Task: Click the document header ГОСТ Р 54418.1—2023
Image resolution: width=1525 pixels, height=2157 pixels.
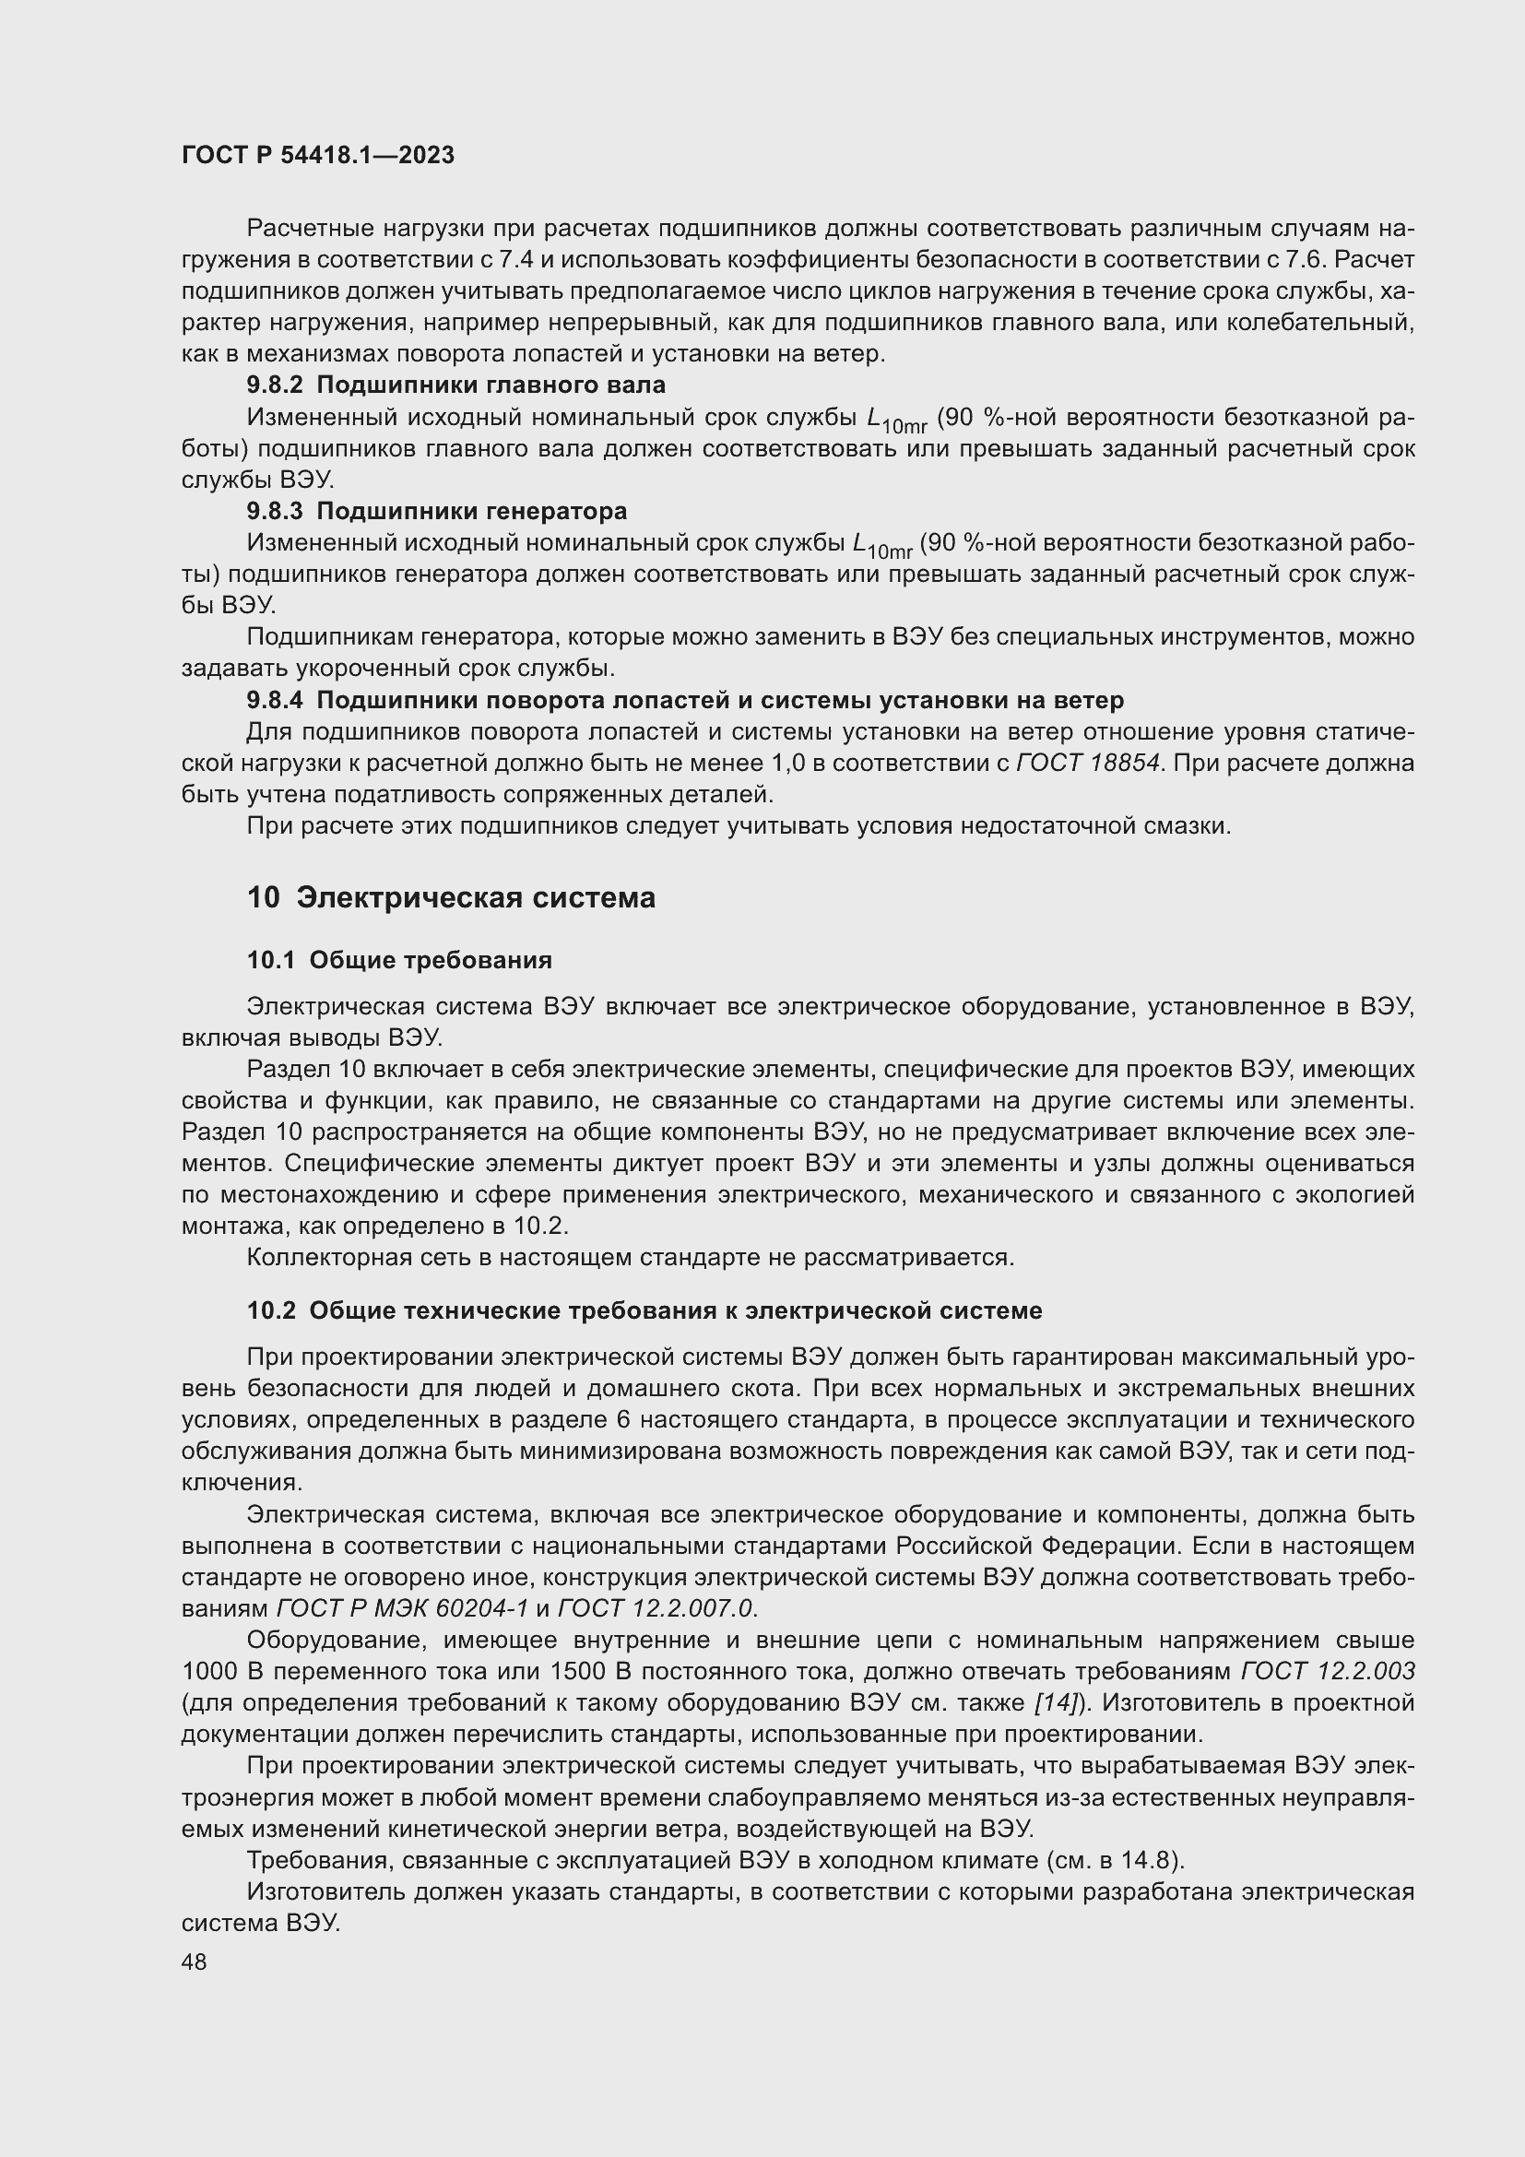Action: (317, 156)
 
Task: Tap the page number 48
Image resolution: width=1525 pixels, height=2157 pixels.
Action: (195, 1961)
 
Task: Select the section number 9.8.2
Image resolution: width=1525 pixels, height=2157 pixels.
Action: (275, 385)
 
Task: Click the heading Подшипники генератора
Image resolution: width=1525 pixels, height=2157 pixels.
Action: (471, 511)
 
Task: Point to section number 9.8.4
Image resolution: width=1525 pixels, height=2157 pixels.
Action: (275, 700)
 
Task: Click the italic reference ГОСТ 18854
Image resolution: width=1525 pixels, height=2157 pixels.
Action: (1088, 764)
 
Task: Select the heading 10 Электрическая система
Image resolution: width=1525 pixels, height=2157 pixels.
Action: (451, 898)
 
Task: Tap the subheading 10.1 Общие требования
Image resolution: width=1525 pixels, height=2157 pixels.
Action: (399, 960)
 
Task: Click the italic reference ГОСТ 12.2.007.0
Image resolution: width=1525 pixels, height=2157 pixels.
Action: (655, 1608)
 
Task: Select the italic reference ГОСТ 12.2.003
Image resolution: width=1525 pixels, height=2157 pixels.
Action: (1328, 1671)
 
